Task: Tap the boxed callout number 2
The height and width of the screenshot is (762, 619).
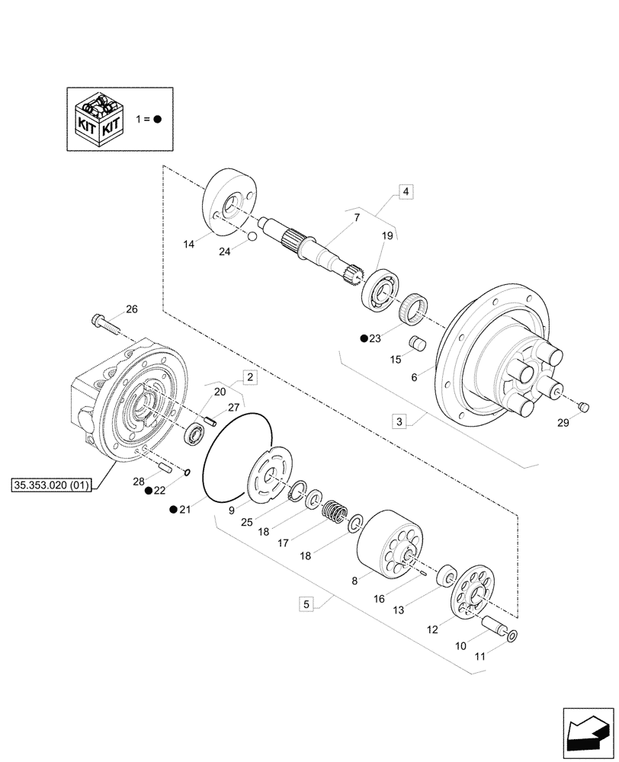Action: click(x=250, y=376)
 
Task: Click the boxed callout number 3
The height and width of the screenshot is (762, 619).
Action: click(x=400, y=421)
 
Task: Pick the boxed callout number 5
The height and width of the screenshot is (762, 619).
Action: click(x=306, y=605)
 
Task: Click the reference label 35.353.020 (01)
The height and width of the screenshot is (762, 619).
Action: click(x=52, y=485)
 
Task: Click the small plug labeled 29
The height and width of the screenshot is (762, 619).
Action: click(x=583, y=407)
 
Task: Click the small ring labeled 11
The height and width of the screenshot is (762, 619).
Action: click(x=511, y=636)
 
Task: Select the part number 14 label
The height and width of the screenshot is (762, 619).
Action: click(x=188, y=244)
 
